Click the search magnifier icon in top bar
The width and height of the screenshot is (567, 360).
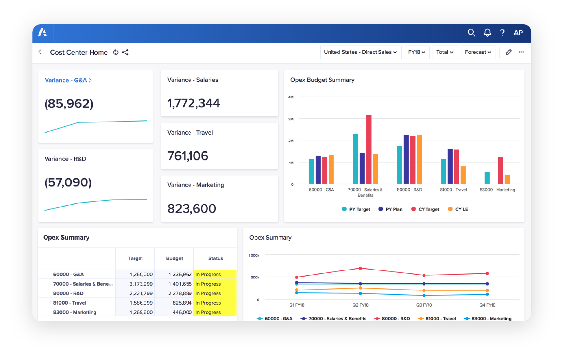pos(471,33)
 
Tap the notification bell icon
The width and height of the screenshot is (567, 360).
pos(487,33)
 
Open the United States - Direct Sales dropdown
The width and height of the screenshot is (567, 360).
pos(361,52)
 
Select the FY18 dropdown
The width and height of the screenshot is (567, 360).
pos(416,52)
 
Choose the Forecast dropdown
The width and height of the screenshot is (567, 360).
pos(478,52)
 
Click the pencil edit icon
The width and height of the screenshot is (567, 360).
pos(508,52)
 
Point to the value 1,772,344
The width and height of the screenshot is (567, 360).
pos(193,103)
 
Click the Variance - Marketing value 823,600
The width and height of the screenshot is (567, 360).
pos(191,208)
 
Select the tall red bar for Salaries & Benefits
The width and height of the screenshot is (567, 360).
pos(369,149)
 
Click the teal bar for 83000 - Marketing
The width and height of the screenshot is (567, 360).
pos(487,178)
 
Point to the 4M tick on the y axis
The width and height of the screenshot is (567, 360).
pos(291,97)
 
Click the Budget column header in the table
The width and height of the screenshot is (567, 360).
pos(174,258)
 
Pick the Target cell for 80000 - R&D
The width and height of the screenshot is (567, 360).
pos(141,293)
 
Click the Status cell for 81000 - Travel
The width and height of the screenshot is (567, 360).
pos(215,303)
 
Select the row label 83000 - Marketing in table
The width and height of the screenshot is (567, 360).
pos(75,312)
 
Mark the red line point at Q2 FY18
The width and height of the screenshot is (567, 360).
pos(360,268)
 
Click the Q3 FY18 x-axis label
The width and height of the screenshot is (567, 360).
pos(424,305)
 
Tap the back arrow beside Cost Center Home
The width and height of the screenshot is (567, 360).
pos(40,52)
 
